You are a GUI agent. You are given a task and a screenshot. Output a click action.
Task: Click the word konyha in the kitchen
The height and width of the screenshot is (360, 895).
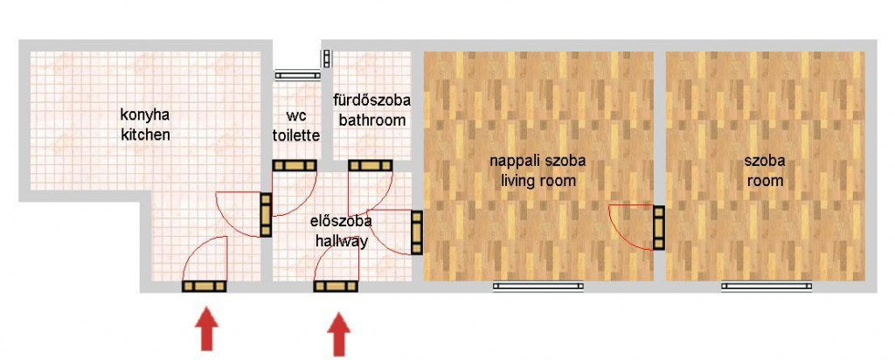click(145, 116)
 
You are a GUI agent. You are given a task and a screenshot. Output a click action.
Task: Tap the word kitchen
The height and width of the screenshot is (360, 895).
click(145, 135)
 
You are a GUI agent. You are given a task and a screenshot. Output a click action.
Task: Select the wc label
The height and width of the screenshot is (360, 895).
click(295, 116)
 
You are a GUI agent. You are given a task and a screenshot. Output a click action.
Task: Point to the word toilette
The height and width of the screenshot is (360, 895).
click(295, 135)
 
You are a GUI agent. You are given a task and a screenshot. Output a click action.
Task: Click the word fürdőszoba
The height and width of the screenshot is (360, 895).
click(372, 100)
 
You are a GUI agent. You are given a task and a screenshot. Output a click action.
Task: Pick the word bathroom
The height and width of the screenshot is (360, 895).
click(372, 121)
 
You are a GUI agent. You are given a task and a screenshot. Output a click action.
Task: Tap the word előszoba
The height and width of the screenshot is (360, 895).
click(342, 221)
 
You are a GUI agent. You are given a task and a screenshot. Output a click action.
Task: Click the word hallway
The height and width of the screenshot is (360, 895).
click(342, 241)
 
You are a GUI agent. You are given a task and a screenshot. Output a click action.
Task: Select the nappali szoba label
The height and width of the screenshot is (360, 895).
click(538, 162)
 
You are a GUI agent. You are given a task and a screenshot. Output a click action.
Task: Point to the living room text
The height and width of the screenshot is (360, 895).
click(538, 182)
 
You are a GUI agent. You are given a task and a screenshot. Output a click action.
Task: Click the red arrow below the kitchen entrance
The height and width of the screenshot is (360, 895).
click(206, 329)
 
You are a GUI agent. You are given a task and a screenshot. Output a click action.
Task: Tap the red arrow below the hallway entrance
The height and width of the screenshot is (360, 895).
click(340, 334)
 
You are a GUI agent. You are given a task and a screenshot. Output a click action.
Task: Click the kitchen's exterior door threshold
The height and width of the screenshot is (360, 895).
click(205, 287)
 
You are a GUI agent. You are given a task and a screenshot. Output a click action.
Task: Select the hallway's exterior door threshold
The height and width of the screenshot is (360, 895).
click(336, 287)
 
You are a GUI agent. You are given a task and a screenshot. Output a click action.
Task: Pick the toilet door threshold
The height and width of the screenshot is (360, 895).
click(295, 165)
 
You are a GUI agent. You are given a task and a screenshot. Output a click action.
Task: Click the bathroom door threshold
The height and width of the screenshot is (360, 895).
click(371, 165)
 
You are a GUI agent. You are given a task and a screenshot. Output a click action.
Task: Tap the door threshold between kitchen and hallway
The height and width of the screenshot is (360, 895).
click(266, 215)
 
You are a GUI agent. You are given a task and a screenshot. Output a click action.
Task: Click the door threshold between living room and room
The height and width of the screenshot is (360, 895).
click(659, 228)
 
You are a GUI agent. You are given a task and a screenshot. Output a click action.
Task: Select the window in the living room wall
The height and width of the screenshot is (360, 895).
click(538, 287)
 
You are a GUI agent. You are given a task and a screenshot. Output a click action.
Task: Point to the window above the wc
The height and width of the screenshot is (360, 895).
click(297, 74)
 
